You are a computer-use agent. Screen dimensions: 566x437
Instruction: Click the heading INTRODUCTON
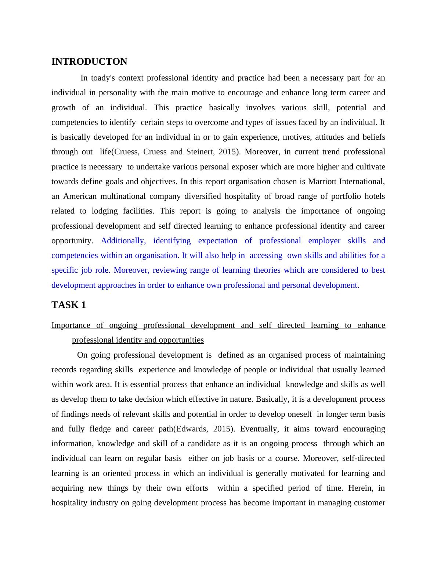(x=89, y=62)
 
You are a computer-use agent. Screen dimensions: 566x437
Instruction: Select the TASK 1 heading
(x=69, y=305)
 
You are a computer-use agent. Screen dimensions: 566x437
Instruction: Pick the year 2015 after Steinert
(x=227, y=152)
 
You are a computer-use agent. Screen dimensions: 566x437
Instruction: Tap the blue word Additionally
(x=123, y=241)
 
